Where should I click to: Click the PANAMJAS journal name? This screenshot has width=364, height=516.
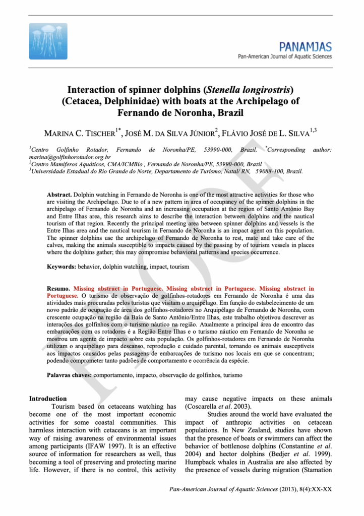(x=307, y=47)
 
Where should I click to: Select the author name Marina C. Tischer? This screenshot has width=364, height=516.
(x=80, y=133)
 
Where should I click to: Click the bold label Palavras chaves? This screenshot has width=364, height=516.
(x=70, y=375)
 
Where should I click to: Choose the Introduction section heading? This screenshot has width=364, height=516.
(x=48, y=399)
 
